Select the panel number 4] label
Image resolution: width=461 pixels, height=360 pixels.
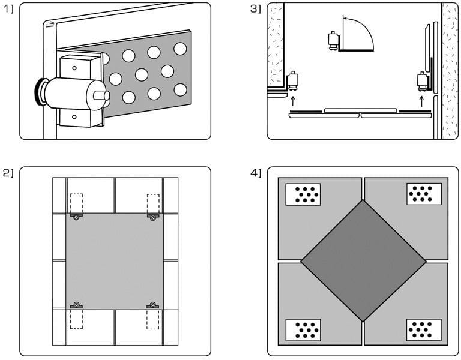(255, 173)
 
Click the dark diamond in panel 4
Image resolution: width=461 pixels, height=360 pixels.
(363, 260)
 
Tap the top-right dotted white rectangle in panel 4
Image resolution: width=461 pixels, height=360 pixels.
(424, 194)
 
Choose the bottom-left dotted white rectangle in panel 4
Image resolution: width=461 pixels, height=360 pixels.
(303, 329)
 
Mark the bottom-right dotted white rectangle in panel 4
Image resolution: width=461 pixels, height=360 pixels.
(424, 329)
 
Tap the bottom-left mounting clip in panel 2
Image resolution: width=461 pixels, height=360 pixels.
(76, 306)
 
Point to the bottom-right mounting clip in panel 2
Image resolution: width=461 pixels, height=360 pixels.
(152, 306)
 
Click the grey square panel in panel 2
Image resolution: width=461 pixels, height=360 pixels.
(114, 261)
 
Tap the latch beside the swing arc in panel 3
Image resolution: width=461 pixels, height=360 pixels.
(333, 41)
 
